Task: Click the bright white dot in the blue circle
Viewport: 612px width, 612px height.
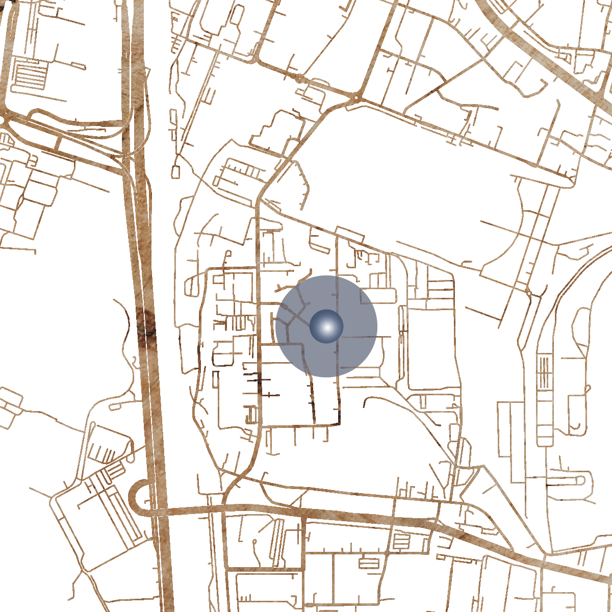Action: [x=326, y=326]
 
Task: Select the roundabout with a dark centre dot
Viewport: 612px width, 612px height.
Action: [x=355, y=96]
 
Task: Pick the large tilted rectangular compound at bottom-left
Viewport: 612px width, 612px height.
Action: [x=97, y=525]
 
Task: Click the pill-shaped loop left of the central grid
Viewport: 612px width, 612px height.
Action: [x=190, y=286]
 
